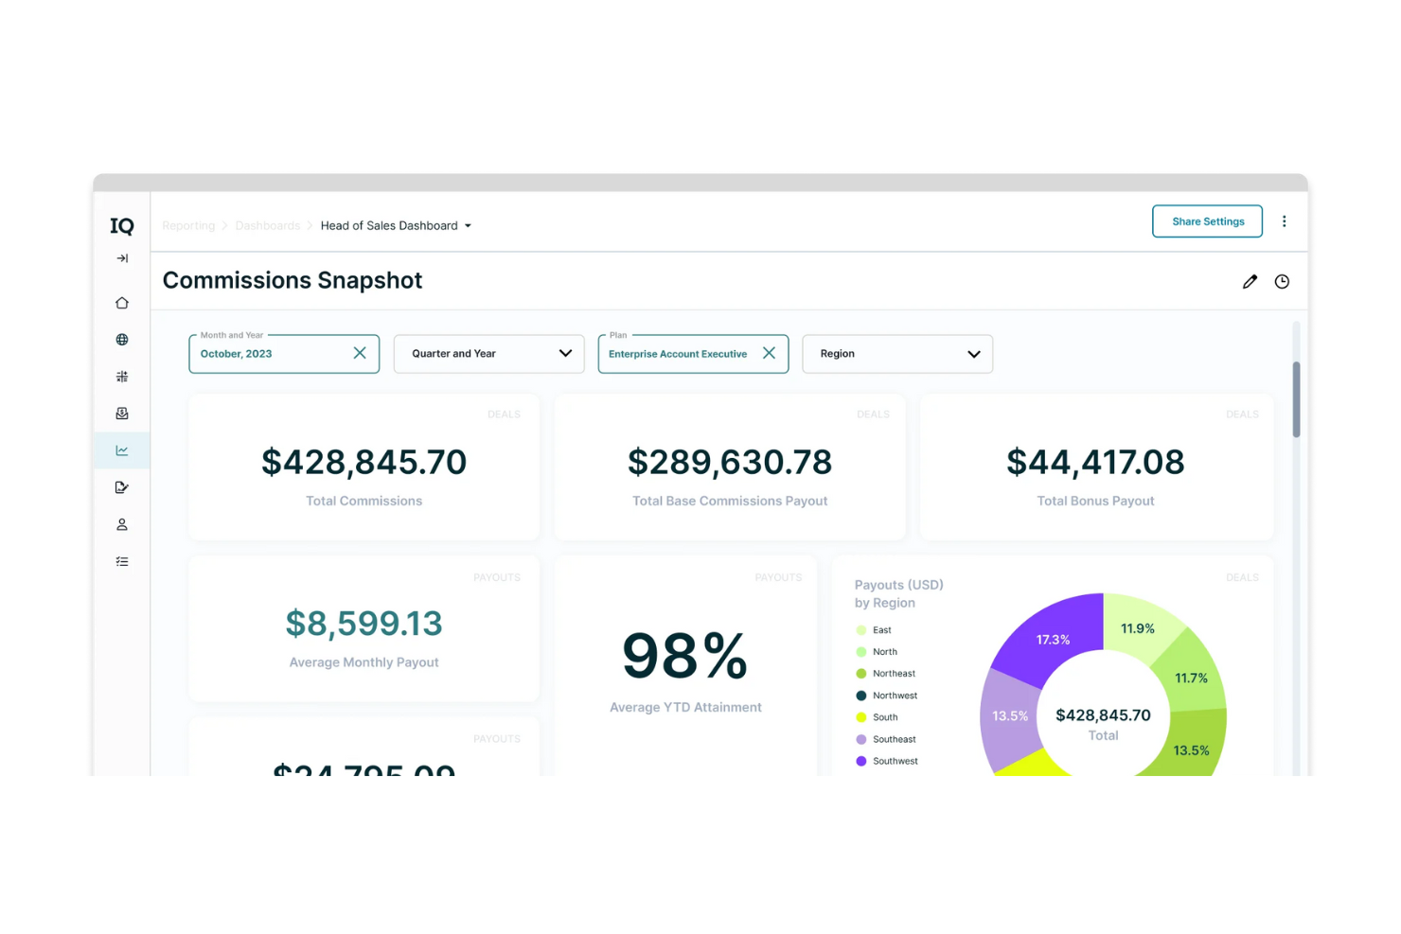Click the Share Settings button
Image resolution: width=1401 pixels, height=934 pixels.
pos(1207,221)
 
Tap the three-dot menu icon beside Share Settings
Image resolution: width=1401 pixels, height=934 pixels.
pos(1284,221)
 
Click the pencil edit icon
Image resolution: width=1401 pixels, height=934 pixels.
pos(1250,281)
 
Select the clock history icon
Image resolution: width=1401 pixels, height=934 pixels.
pos(1282,281)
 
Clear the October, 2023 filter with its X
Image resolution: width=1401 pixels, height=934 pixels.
pos(360,353)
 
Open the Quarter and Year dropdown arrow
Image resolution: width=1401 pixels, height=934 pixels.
pos(565,353)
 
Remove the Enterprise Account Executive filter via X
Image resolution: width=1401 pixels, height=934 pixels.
pos(769,353)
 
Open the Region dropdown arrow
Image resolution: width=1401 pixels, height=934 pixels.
pos(973,354)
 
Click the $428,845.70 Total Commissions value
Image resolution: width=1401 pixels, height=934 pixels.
pos(364,462)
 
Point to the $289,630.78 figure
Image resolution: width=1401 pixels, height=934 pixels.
pos(729,462)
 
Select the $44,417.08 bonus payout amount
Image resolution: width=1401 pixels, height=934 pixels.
pos(1095,462)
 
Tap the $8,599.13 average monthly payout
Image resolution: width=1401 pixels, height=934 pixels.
pos(364,624)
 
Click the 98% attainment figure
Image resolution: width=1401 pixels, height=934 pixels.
pos(684,656)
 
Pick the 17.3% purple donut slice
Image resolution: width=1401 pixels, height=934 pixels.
pos(1053,639)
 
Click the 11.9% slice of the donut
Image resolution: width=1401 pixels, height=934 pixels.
pos(1137,628)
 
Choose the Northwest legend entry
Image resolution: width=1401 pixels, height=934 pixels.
pos(895,696)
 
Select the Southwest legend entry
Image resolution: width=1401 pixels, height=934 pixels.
pos(895,761)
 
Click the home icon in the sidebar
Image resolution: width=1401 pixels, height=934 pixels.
pos(122,303)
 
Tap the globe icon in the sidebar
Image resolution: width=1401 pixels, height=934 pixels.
pos(122,340)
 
